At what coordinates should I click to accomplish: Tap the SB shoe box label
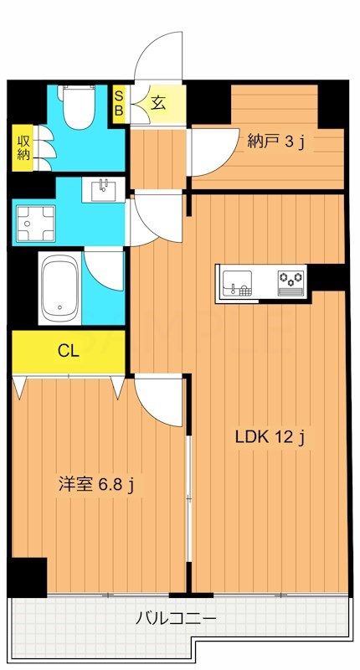point(119,103)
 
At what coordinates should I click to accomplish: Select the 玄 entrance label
point(158,103)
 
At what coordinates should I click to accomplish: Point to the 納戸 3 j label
point(275,142)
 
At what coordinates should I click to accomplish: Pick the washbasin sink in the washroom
point(103,189)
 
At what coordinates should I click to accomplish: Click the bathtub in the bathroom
point(59,289)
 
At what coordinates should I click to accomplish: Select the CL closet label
point(69,351)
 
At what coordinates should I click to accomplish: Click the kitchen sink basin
point(237,281)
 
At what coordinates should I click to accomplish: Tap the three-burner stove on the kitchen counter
point(291,280)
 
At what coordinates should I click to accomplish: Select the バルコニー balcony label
point(177,619)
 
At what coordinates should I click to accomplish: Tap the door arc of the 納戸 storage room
point(209,151)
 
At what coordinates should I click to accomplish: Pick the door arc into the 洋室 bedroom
point(159,400)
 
